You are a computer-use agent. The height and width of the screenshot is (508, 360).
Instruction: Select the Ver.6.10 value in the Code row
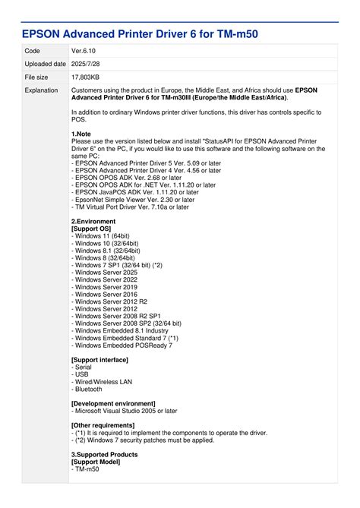[x=83, y=50]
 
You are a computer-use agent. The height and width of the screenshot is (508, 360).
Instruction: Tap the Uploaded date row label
[x=45, y=64]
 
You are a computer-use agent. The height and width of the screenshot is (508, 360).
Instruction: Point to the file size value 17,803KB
[x=87, y=77]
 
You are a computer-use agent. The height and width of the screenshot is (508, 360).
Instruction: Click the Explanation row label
[x=41, y=90]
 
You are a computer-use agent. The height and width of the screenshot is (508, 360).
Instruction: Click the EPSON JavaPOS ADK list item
[x=136, y=192]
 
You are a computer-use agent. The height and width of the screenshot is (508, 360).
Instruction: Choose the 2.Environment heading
[x=93, y=222]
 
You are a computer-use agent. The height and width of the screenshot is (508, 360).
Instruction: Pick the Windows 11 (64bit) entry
[x=104, y=236]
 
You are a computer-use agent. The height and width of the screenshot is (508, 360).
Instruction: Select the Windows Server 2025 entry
[x=105, y=272]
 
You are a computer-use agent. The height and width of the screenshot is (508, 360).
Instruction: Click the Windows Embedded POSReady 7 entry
[x=122, y=345]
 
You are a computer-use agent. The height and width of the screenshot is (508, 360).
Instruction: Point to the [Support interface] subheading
[x=99, y=359]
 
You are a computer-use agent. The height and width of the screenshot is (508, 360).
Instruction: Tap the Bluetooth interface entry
[x=88, y=389]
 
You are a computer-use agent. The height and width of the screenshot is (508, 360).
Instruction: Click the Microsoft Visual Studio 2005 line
[x=125, y=411]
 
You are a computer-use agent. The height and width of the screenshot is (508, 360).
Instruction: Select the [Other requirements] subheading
[x=103, y=425]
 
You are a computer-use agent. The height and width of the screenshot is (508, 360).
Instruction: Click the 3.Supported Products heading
[x=105, y=454]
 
